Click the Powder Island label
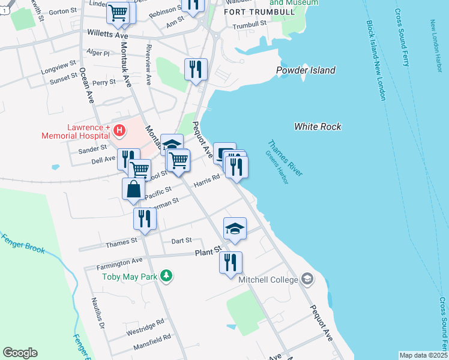[x=306, y=70]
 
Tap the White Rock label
[x=318, y=127]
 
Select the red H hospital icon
[x=119, y=130]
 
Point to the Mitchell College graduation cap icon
[x=307, y=279]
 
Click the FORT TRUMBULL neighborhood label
[x=259, y=12]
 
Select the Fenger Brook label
[x=23, y=245]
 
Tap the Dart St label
[x=181, y=240]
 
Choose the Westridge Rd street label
[x=145, y=327]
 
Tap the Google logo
[x=20, y=353]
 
